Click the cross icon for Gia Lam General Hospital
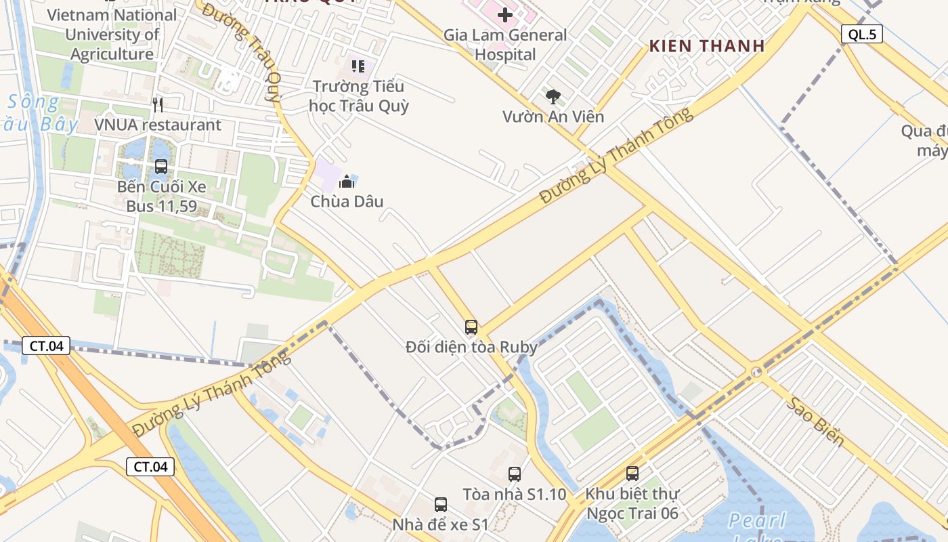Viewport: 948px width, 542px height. (505, 15)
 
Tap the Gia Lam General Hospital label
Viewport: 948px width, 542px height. (505, 45)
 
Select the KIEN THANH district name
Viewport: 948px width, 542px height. (707, 46)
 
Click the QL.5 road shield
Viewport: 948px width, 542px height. (862, 35)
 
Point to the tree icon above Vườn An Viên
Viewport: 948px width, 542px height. (553, 96)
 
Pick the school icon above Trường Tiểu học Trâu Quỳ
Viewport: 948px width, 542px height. (358, 66)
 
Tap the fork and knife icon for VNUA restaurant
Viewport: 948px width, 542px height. (158, 104)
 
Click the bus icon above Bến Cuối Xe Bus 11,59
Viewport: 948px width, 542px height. (161, 166)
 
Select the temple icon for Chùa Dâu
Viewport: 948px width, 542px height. (347, 181)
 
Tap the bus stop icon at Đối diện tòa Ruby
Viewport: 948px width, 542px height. (471, 327)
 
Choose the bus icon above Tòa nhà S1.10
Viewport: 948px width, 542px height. (515, 474)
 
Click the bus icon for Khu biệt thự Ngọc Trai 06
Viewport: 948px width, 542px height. (632, 474)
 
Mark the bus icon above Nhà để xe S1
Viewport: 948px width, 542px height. (441, 504)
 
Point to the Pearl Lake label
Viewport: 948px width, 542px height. (757, 521)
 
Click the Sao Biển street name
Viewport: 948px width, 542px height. (816, 421)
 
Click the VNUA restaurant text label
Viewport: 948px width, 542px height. (158, 125)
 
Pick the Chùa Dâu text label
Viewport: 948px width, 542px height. (347, 201)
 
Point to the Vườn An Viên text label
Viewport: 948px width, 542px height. (553, 117)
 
